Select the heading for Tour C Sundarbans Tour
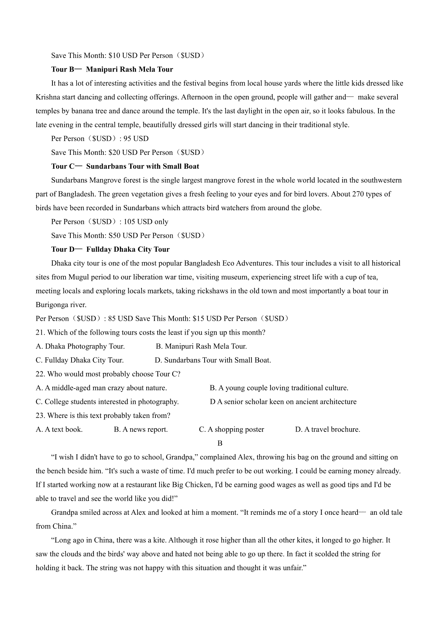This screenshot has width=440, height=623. click(x=125, y=166)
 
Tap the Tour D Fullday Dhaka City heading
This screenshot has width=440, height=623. click(x=110, y=249)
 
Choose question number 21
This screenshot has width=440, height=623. click(x=40, y=333)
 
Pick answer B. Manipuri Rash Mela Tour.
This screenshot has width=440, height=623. click(x=201, y=346)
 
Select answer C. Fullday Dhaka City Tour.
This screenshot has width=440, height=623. click(x=80, y=360)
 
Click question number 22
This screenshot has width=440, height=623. click(x=40, y=374)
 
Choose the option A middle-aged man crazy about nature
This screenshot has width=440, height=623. click(x=101, y=388)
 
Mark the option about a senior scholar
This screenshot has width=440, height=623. click(x=283, y=402)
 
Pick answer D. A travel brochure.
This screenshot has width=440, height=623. click(x=327, y=430)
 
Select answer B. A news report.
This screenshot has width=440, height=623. click(x=141, y=430)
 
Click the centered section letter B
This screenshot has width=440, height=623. click(x=220, y=443)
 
